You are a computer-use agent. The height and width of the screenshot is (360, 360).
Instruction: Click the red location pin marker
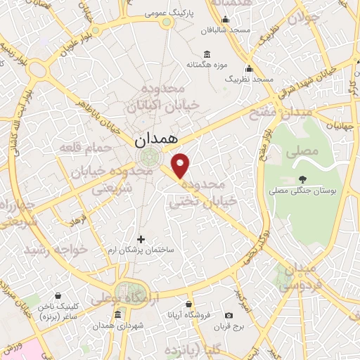click(x=181, y=166)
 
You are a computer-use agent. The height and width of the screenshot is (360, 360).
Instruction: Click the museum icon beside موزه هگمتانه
click(x=206, y=54)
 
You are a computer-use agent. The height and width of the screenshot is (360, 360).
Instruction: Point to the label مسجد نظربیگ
click(x=248, y=79)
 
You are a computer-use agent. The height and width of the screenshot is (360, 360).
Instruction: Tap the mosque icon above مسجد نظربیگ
click(x=248, y=69)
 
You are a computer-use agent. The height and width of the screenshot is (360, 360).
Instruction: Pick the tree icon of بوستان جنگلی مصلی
click(x=303, y=179)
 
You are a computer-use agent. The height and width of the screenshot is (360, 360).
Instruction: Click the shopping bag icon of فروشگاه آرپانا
click(x=188, y=304)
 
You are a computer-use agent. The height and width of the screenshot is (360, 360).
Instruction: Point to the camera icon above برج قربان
click(x=229, y=316)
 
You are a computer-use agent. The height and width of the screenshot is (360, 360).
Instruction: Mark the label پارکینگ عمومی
click(x=167, y=13)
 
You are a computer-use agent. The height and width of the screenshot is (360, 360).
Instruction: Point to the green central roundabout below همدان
click(x=148, y=156)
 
